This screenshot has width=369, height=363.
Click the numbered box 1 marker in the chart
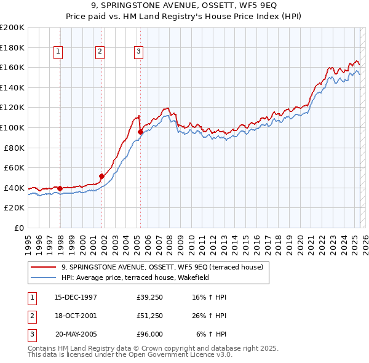pyautogui.click(x=58, y=52)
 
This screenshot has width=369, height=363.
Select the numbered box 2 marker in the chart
pyautogui.click(x=99, y=52)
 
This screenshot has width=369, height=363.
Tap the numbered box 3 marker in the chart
pyautogui.click(x=139, y=52)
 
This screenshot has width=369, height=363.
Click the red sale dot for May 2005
pyautogui.click(x=140, y=131)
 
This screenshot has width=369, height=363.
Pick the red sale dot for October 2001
pyautogui.click(x=102, y=176)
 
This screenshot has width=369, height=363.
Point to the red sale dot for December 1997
pyautogui.click(x=60, y=188)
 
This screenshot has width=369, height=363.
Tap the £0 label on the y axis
pyautogui.click(x=18, y=228)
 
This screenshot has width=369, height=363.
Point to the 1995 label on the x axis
pyautogui.click(x=28, y=240)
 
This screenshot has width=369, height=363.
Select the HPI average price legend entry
pyautogui.click(x=135, y=277)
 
